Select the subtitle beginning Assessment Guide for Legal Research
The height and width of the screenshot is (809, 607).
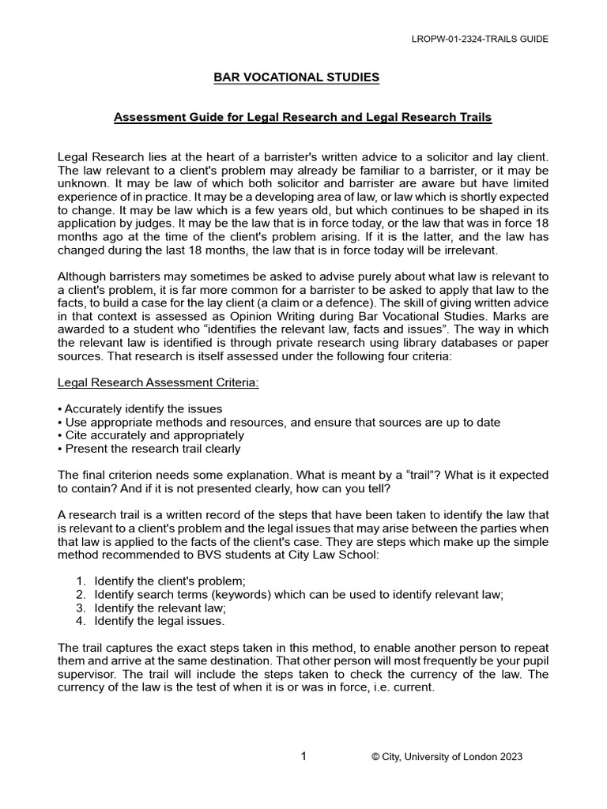[x=303, y=118]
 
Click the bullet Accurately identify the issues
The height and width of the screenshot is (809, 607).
[x=140, y=409]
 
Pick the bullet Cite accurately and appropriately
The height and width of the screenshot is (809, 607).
[x=151, y=435]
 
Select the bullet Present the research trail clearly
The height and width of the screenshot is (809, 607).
[x=149, y=449]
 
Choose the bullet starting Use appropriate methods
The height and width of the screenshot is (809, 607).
[x=279, y=423]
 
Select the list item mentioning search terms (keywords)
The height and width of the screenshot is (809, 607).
[x=298, y=594]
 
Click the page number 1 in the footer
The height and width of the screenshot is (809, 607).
[x=303, y=756]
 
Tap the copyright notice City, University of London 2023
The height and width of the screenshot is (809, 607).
[x=447, y=757]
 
